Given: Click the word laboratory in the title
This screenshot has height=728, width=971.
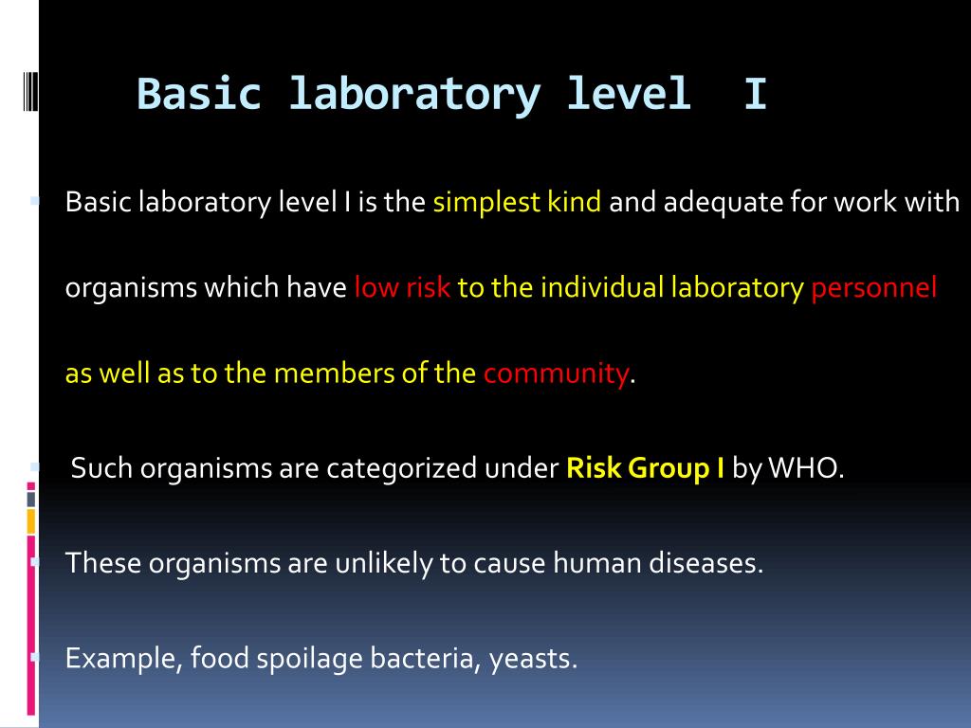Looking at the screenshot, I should point(414,95).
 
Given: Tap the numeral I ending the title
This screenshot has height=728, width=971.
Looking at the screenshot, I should point(755,95).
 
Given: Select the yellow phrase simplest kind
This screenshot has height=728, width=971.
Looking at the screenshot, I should point(517,203).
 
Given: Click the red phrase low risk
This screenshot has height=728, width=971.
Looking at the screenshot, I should point(402,288).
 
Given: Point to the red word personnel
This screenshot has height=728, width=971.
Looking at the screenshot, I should point(873,288).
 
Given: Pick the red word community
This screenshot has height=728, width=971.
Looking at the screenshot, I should point(556,373).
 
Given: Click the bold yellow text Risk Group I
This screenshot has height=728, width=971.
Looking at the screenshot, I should point(645,469).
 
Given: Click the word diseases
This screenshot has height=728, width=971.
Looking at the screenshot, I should point(705,564).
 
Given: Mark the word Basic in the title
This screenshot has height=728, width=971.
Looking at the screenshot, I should point(198,95).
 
